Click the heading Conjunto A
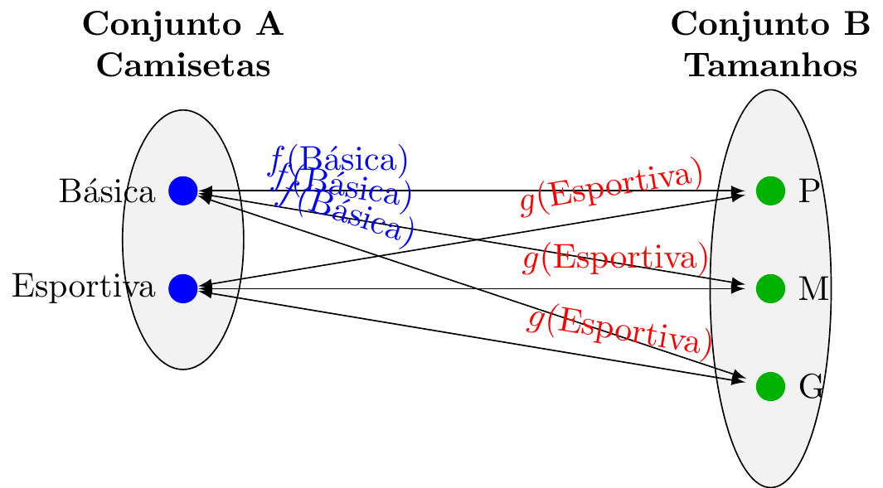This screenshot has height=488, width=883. click(x=183, y=25)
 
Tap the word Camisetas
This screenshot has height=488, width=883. click(x=183, y=65)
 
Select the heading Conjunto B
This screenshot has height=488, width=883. click(x=770, y=25)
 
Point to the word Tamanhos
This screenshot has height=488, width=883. click(x=770, y=65)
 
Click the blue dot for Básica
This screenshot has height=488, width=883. click(x=182, y=191)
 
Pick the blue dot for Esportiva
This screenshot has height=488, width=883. click(x=182, y=288)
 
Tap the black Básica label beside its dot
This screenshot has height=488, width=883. click(x=107, y=192)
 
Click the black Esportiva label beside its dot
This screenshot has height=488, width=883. click(x=84, y=288)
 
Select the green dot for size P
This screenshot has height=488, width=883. click(x=770, y=191)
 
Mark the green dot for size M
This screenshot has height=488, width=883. click(x=770, y=288)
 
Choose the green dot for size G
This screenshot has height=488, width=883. click(x=770, y=385)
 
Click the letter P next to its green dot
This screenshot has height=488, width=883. click(x=808, y=192)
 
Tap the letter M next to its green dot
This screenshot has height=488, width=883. click(x=813, y=289)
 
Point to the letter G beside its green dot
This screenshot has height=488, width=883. click(x=810, y=386)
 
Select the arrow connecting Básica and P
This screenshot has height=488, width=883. click(x=464, y=191)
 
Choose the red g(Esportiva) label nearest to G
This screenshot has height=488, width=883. click(x=619, y=331)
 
